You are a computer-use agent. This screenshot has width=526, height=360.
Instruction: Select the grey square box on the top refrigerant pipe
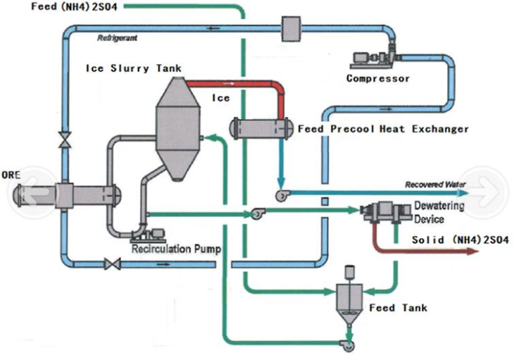[291, 27]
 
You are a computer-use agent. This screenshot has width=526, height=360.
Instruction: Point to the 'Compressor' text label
[377, 78]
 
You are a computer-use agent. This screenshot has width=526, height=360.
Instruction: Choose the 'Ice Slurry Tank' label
[134, 68]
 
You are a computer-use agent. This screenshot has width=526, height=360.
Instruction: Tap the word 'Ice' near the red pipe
[221, 98]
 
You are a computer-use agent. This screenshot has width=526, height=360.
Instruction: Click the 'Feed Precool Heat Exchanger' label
[383, 129]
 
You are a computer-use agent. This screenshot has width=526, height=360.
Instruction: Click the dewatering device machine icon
[380, 213]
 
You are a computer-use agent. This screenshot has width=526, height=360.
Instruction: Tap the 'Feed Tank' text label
[398, 308]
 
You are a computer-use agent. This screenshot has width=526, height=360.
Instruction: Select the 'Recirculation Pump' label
[176, 249]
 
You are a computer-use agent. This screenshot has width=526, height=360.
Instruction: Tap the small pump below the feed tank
[346, 344]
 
